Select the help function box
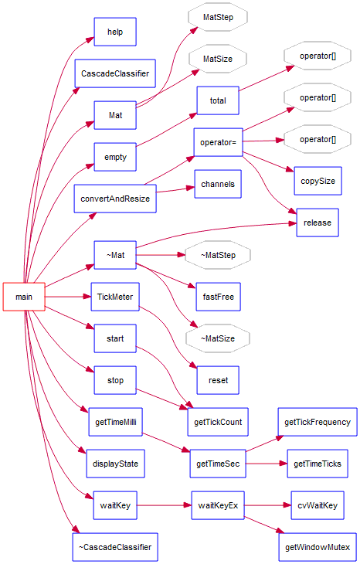tap(115, 32)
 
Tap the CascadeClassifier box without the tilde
tap(115, 73)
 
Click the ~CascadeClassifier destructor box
tap(115, 546)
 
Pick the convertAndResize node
tap(115, 199)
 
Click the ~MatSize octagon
tap(217, 338)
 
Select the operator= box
tap(218, 142)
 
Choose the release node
tap(317, 223)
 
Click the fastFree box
tap(218, 296)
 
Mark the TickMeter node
tap(115, 296)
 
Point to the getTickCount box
tap(218, 422)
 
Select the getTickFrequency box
tap(317, 422)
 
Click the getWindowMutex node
tap(317, 547)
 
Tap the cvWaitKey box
tap(317, 505)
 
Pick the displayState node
tap(115, 464)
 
